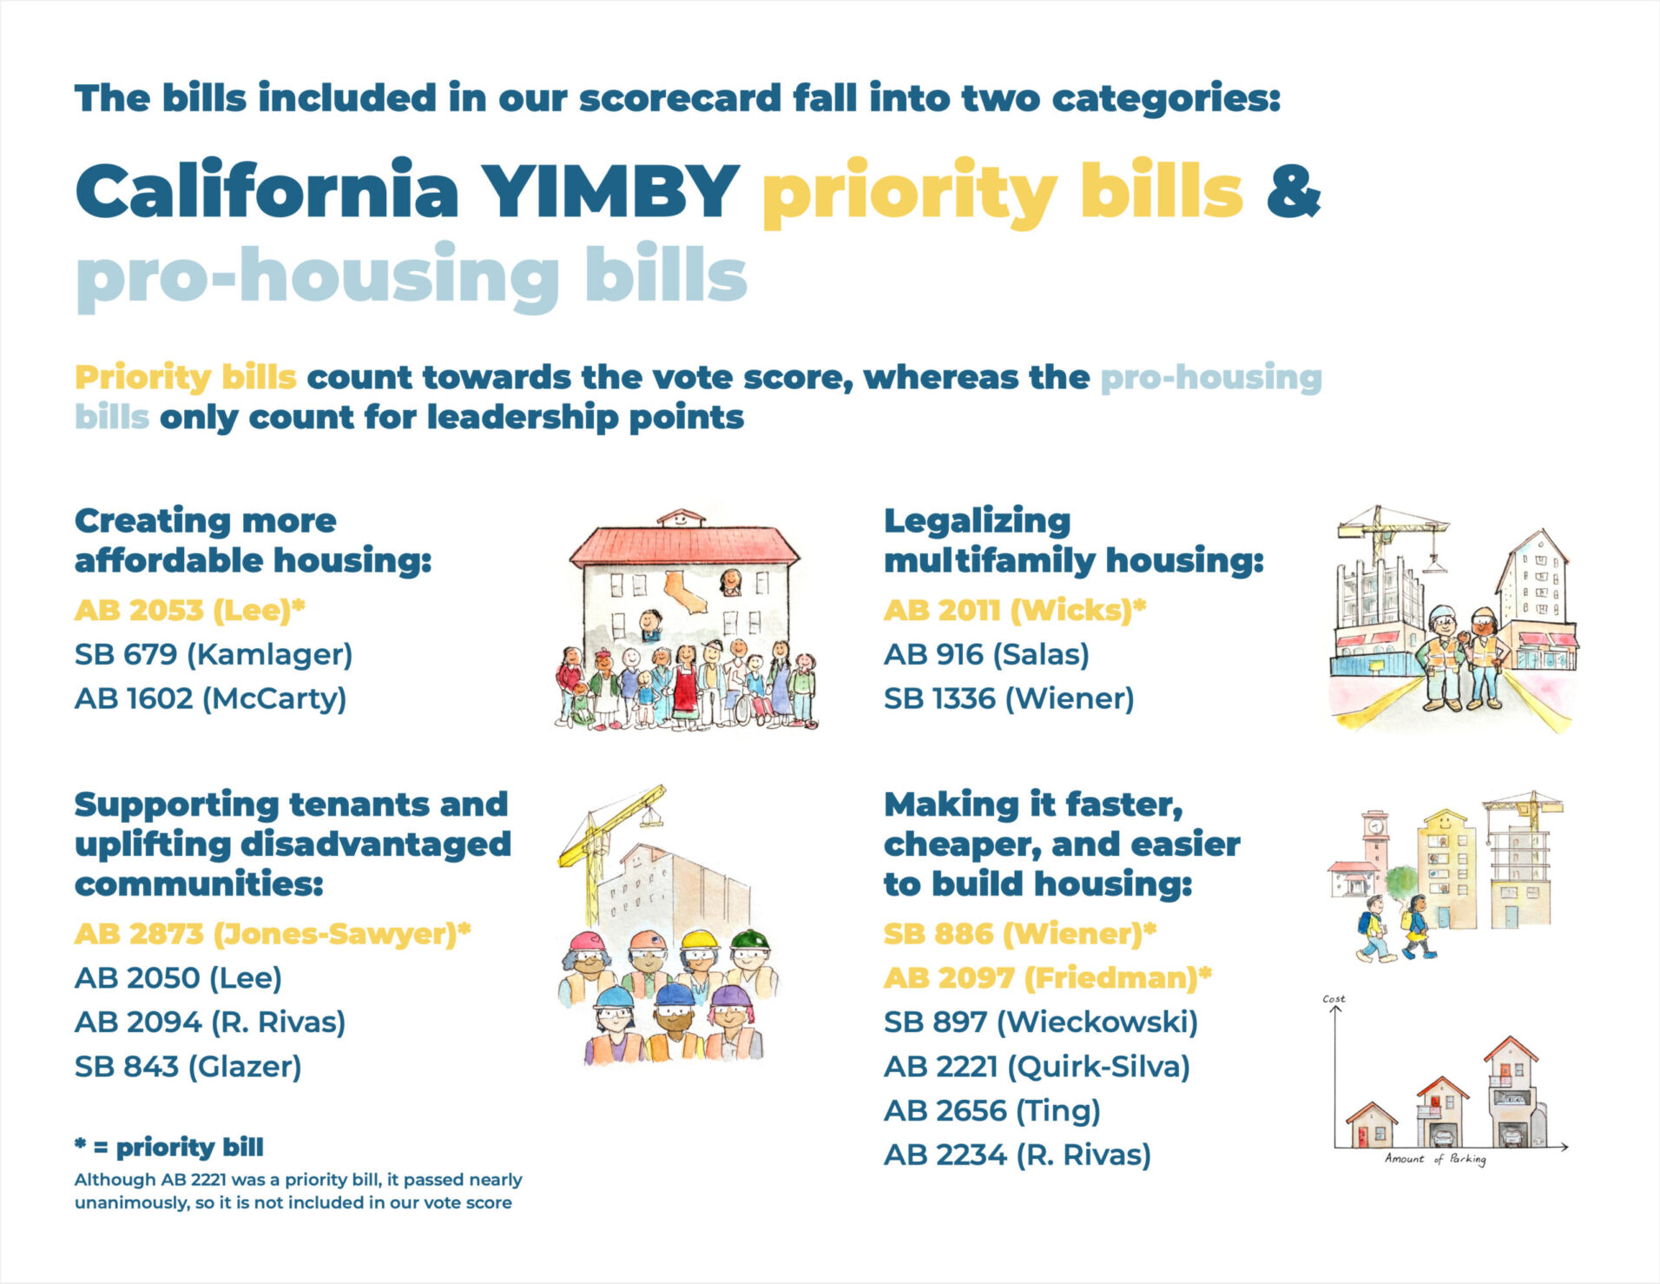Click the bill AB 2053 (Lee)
click(189, 610)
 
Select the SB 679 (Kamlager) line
click(213, 654)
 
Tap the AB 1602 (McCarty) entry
click(210, 698)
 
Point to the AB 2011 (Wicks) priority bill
click(1014, 610)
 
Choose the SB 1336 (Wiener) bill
click(1008, 698)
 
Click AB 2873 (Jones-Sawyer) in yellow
click(272, 934)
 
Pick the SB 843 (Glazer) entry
click(188, 1067)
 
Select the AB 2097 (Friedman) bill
click(1047, 978)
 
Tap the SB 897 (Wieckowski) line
click(1040, 1023)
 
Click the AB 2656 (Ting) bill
click(991, 1111)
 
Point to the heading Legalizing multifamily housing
click(1073, 540)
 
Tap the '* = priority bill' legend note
click(168, 1148)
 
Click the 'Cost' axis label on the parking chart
click(1334, 999)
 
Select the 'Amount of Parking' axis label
click(1435, 1159)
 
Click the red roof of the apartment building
click(683, 545)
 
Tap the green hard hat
click(749, 940)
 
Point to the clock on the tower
click(1374, 826)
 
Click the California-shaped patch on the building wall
click(686, 591)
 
